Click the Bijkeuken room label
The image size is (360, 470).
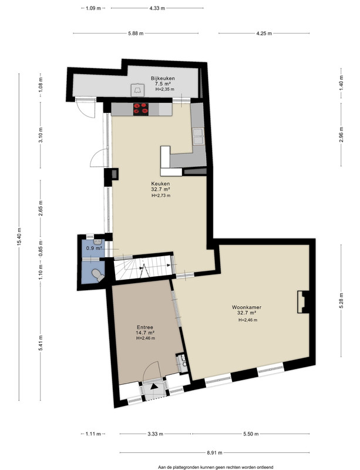[x=163, y=78]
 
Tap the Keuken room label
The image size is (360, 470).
[x=160, y=184]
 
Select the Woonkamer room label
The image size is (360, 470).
[x=247, y=307]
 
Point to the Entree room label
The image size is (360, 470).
[x=145, y=327]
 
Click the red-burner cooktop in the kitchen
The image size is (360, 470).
[x=141, y=109]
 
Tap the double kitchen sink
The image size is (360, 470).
[x=198, y=136]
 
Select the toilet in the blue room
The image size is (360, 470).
[x=97, y=274]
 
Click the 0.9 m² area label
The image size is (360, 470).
[x=94, y=248]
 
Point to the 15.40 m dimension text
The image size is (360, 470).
[x=19, y=237]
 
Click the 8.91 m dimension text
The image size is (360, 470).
[x=214, y=453]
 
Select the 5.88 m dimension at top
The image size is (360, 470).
[x=136, y=33]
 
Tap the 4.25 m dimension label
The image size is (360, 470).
[x=264, y=33]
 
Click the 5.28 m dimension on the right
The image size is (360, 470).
[x=341, y=300]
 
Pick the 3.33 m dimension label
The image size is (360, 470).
[x=155, y=434]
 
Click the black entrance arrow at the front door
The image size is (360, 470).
[x=154, y=387]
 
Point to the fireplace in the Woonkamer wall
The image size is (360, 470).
[x=303, y=302]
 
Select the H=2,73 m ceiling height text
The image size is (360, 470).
[x=161, y=196]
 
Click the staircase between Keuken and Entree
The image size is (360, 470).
[x=143, y=267]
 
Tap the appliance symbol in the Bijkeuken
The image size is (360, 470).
[x=137, y=90]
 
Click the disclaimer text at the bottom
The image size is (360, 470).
[x=216, y=467]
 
